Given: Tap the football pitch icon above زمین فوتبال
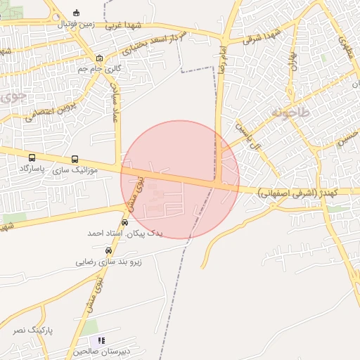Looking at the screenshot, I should [77, 12].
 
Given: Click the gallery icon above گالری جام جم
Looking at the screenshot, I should [99, 58].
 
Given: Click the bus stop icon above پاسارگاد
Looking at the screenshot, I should [32, 158].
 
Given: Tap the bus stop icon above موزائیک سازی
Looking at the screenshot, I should [75, 159].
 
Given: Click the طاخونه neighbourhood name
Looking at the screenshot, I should [289, 111].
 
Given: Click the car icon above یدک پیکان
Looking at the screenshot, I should [125, 222].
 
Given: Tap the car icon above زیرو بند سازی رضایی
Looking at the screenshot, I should [108, 250].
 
